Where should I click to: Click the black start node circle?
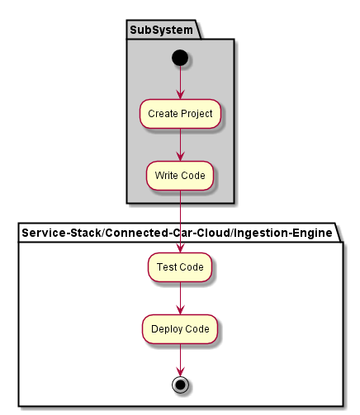[x=180, y=58]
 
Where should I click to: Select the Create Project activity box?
[x=180, y=114]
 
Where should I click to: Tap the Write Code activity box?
[x=180, y=176]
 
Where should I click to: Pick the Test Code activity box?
[x=180, y=267]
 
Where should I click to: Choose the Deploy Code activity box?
[x=180, y=329]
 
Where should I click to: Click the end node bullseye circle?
[x=180, y=384]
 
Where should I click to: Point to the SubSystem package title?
[x=161, y=30]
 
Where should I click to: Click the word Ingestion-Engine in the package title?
[x=283, y=233]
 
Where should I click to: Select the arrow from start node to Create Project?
[x=180, y=83]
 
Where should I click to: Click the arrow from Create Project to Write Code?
[x=180, y=144]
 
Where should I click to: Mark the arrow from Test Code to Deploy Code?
[x=180, y=298]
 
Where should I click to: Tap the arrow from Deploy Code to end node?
[x=180, y=360]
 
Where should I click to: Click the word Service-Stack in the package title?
[x=62, y=233]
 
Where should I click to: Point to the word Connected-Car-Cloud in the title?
[x=168, y=233]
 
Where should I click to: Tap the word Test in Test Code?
[x=167, y=266]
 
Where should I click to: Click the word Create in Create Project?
[x=163, y=114]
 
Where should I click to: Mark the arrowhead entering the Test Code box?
[x=180, y=248]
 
